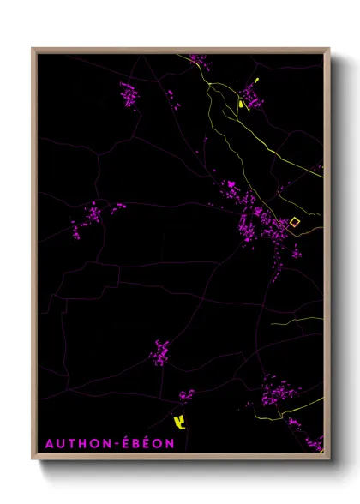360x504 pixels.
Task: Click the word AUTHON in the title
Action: click(x=73, y=443)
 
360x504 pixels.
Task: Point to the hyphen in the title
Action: click(x=109, y=444)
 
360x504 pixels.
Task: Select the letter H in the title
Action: click(x=78, y=443)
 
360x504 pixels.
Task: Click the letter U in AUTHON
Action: click(x=59, y=443)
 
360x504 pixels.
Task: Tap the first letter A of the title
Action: click(x=49, y=443)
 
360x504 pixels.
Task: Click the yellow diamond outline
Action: click(x=295, y=222)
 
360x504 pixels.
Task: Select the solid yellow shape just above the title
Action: click(x=179, y=421)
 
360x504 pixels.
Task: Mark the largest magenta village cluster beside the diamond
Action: click(x=257, y=225)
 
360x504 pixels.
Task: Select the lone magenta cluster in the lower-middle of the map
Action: click(x=160, y=351)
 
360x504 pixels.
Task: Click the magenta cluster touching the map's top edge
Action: click(x=198, y=59)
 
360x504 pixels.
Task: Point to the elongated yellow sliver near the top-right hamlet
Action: click(x=243, y=105)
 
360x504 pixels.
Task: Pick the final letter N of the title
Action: click(x=170, y=443)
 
